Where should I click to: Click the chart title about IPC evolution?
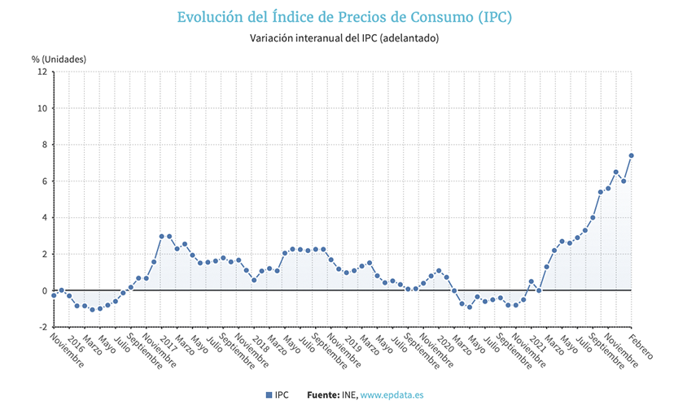tap(345, 16)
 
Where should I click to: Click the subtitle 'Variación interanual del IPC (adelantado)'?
tap(344, 38)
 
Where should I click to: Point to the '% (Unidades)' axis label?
tap(59, 59)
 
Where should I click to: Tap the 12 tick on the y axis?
tap(41, 72)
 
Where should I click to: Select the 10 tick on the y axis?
tap(41, 108)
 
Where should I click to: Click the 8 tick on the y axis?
tap(43, 145)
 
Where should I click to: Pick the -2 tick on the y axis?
tap(42, 327)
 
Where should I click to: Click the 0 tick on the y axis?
tap(43, 290)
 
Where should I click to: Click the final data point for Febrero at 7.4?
tap(631, 155)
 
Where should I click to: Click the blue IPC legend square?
tap(269, 395)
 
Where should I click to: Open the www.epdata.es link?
tap(392, 395)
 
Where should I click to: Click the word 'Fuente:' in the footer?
tap(323, 395)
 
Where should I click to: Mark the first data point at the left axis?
tap(54, 295)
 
